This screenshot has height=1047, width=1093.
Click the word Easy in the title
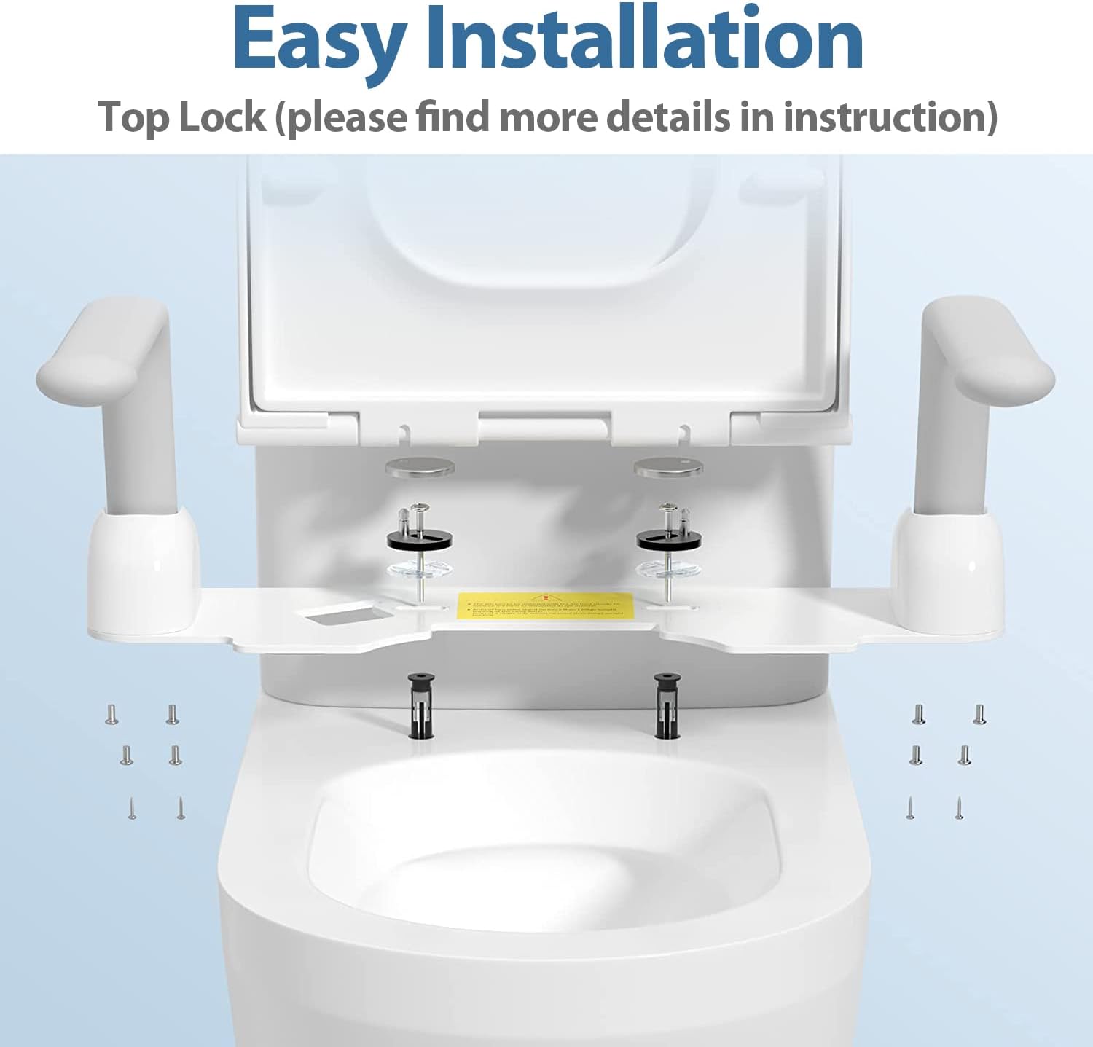pos(318,40)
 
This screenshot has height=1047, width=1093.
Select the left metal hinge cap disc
pos(420,468)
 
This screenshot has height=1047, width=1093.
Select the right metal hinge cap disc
pos(667,468)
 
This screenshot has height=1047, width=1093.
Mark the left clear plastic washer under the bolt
pos(420,570)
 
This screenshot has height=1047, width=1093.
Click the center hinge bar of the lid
pos(544,426)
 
